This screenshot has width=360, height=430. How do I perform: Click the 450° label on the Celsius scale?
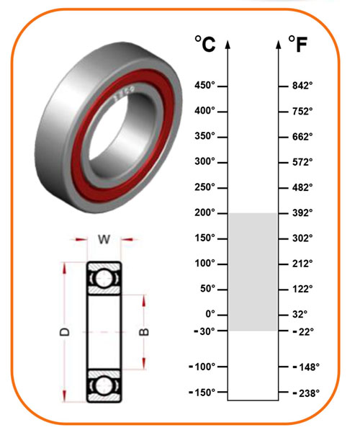point(204,85)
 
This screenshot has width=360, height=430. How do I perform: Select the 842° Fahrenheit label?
point(302,86)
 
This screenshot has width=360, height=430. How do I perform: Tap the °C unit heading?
point(205,44)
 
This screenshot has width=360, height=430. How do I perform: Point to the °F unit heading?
point(298,44)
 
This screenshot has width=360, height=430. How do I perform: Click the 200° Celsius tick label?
point(204,212)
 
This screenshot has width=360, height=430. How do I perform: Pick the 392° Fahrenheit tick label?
point(302,212)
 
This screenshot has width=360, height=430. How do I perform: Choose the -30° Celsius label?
point(204,331)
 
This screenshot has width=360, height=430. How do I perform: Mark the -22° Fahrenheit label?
point(303,331)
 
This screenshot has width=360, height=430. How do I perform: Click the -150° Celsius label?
point(202,393)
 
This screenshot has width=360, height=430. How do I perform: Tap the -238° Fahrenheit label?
point(306,393)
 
